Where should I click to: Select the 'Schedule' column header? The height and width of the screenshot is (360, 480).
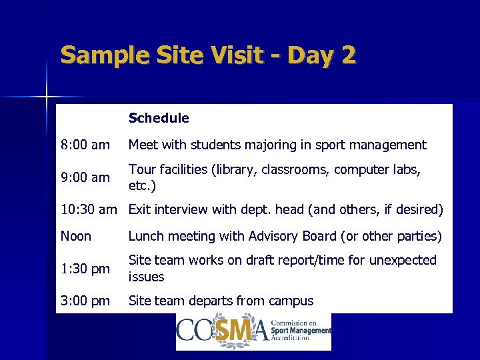pyautogui.click(x=159, y=118)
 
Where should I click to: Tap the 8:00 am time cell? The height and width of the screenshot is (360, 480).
pyautogui.click(x=85, y=145)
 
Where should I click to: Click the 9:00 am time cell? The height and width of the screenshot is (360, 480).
pyautogui.click(x=85, y=177)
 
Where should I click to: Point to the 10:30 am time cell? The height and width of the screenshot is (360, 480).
pyautogui.click(x=88, y=210)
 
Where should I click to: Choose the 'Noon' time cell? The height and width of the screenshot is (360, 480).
pyautogui.click(x=75, y=236)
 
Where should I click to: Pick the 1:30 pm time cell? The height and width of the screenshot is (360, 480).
pyautogui.click(x=85, y=269)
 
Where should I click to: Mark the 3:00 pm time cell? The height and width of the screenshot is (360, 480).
pyautogui.click(x=85, y=301)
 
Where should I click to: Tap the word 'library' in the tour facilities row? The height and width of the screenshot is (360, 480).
pyautogui.click(x=233, y=169)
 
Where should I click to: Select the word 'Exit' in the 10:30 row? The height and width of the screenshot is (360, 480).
pyautogui.click(x=140, y=210)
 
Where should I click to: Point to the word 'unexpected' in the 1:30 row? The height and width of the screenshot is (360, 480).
pyautogui.click(x=403, y=260)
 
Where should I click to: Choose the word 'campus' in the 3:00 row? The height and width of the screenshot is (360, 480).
pyautogui.click(x=290, y=301)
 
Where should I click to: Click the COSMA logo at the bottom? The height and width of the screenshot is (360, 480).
pyautogui.click(x=253, y=331)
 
